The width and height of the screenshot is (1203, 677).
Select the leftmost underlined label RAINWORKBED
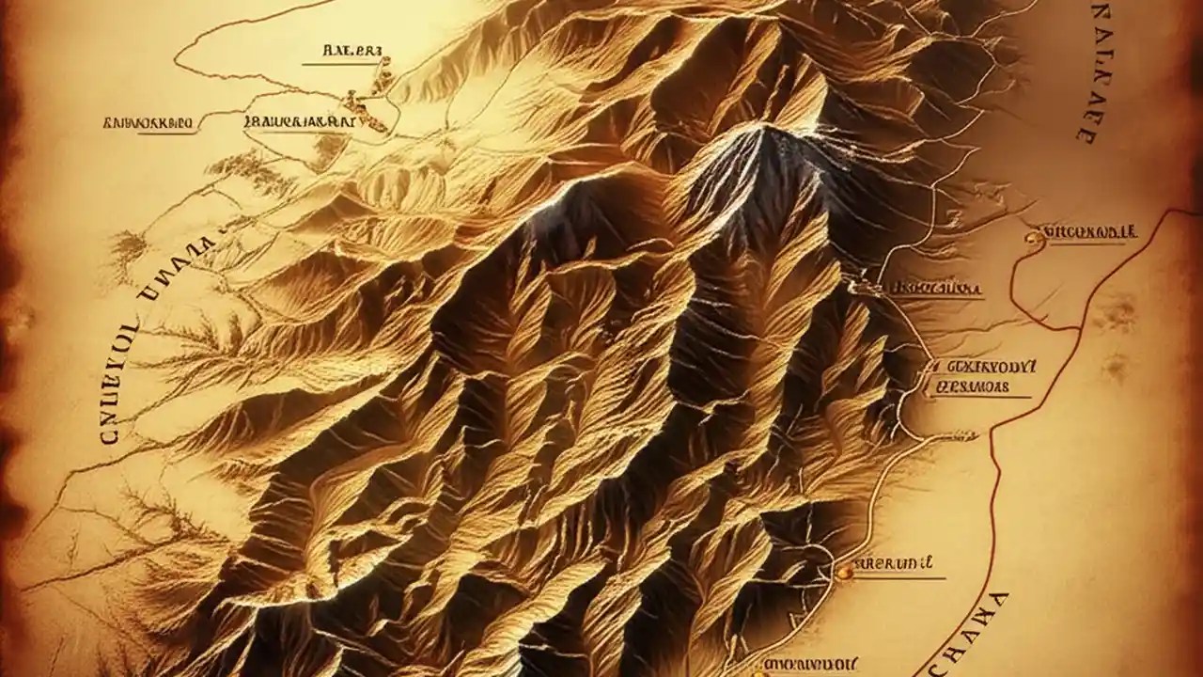coord(148,122)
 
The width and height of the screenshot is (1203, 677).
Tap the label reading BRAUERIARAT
coord(299,121)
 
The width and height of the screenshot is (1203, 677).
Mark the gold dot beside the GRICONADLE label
coord(1034,239)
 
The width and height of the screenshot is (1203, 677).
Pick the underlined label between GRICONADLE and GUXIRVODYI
coord(934,287)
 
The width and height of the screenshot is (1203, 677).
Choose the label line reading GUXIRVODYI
coord(981,366)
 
